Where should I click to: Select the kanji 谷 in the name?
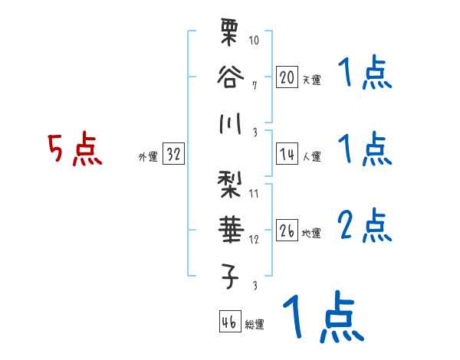pos(229,77)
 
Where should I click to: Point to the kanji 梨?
pos(229,186)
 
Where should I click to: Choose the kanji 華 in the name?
pos(229,229)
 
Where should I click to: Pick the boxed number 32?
pos(173,154)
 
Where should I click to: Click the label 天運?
pos(311,80)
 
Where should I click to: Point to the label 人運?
pos(311,156)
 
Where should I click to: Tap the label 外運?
pos(148,156)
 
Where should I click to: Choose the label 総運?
pos(255,323)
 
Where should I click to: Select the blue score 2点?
pos(366,227)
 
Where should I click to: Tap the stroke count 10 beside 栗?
pos(255,40)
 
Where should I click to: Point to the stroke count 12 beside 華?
pos(255,238)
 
